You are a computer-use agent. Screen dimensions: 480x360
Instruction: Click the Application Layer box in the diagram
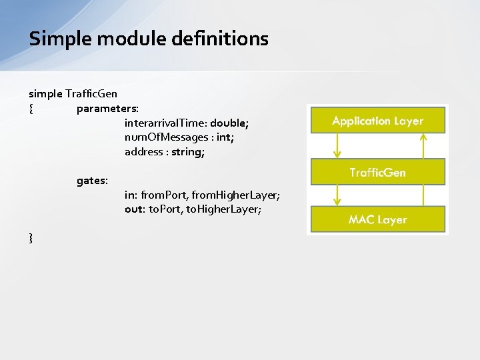coord(377,121)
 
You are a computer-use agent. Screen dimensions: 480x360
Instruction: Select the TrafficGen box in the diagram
coord(377,172)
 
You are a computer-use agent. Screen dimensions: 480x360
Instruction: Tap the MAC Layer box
coord(377,219)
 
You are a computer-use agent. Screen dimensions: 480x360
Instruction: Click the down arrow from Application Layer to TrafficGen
coord(337,145)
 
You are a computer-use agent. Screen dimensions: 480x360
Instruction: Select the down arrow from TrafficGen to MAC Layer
coord(337,195)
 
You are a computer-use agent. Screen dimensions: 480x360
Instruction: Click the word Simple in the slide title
coord(61,39)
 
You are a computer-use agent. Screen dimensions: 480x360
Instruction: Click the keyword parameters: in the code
coord(107,108)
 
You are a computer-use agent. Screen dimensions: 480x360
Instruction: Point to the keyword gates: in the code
coord(93,181)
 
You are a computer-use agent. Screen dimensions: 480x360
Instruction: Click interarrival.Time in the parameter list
coord(165,123)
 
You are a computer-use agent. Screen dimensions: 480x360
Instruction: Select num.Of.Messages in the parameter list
coord(166,137)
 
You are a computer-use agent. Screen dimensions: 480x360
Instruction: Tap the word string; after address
coord(187,152)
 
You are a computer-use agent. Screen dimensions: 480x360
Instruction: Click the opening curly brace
coord(31,108)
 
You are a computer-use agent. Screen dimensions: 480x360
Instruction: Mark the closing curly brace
coord(31,237)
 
